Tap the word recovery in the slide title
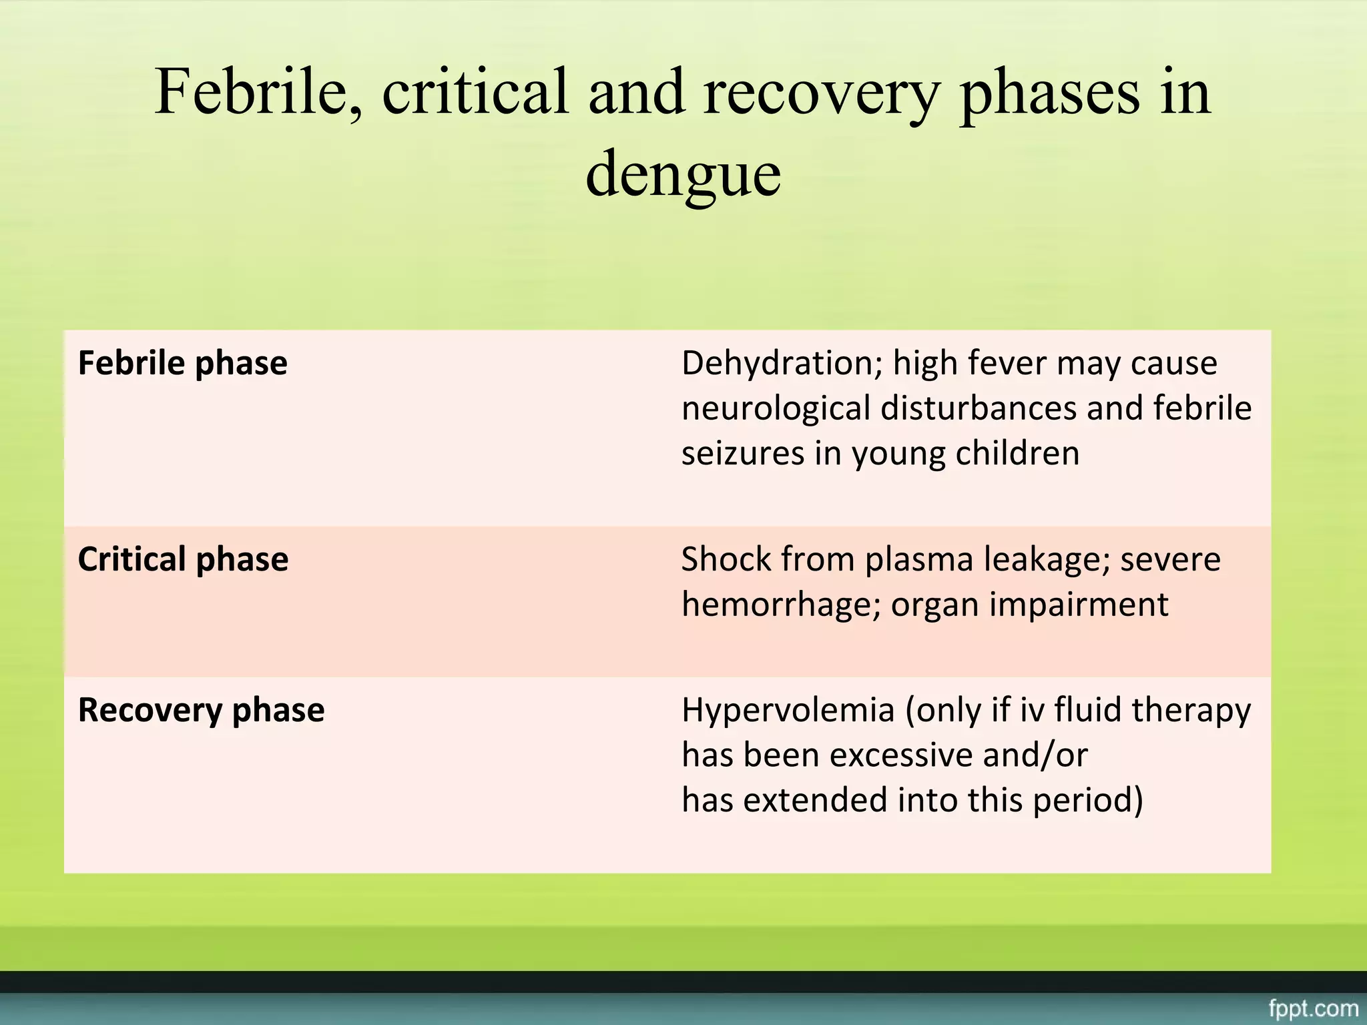[x=822, y=93]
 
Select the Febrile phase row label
[x=182, y=364]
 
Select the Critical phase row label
[x=183, y=559]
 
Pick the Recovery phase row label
[x=201, y=710]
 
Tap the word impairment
[x=1079, y=605]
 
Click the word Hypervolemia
[x=788, y=710]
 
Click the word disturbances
[x=978, y=408]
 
